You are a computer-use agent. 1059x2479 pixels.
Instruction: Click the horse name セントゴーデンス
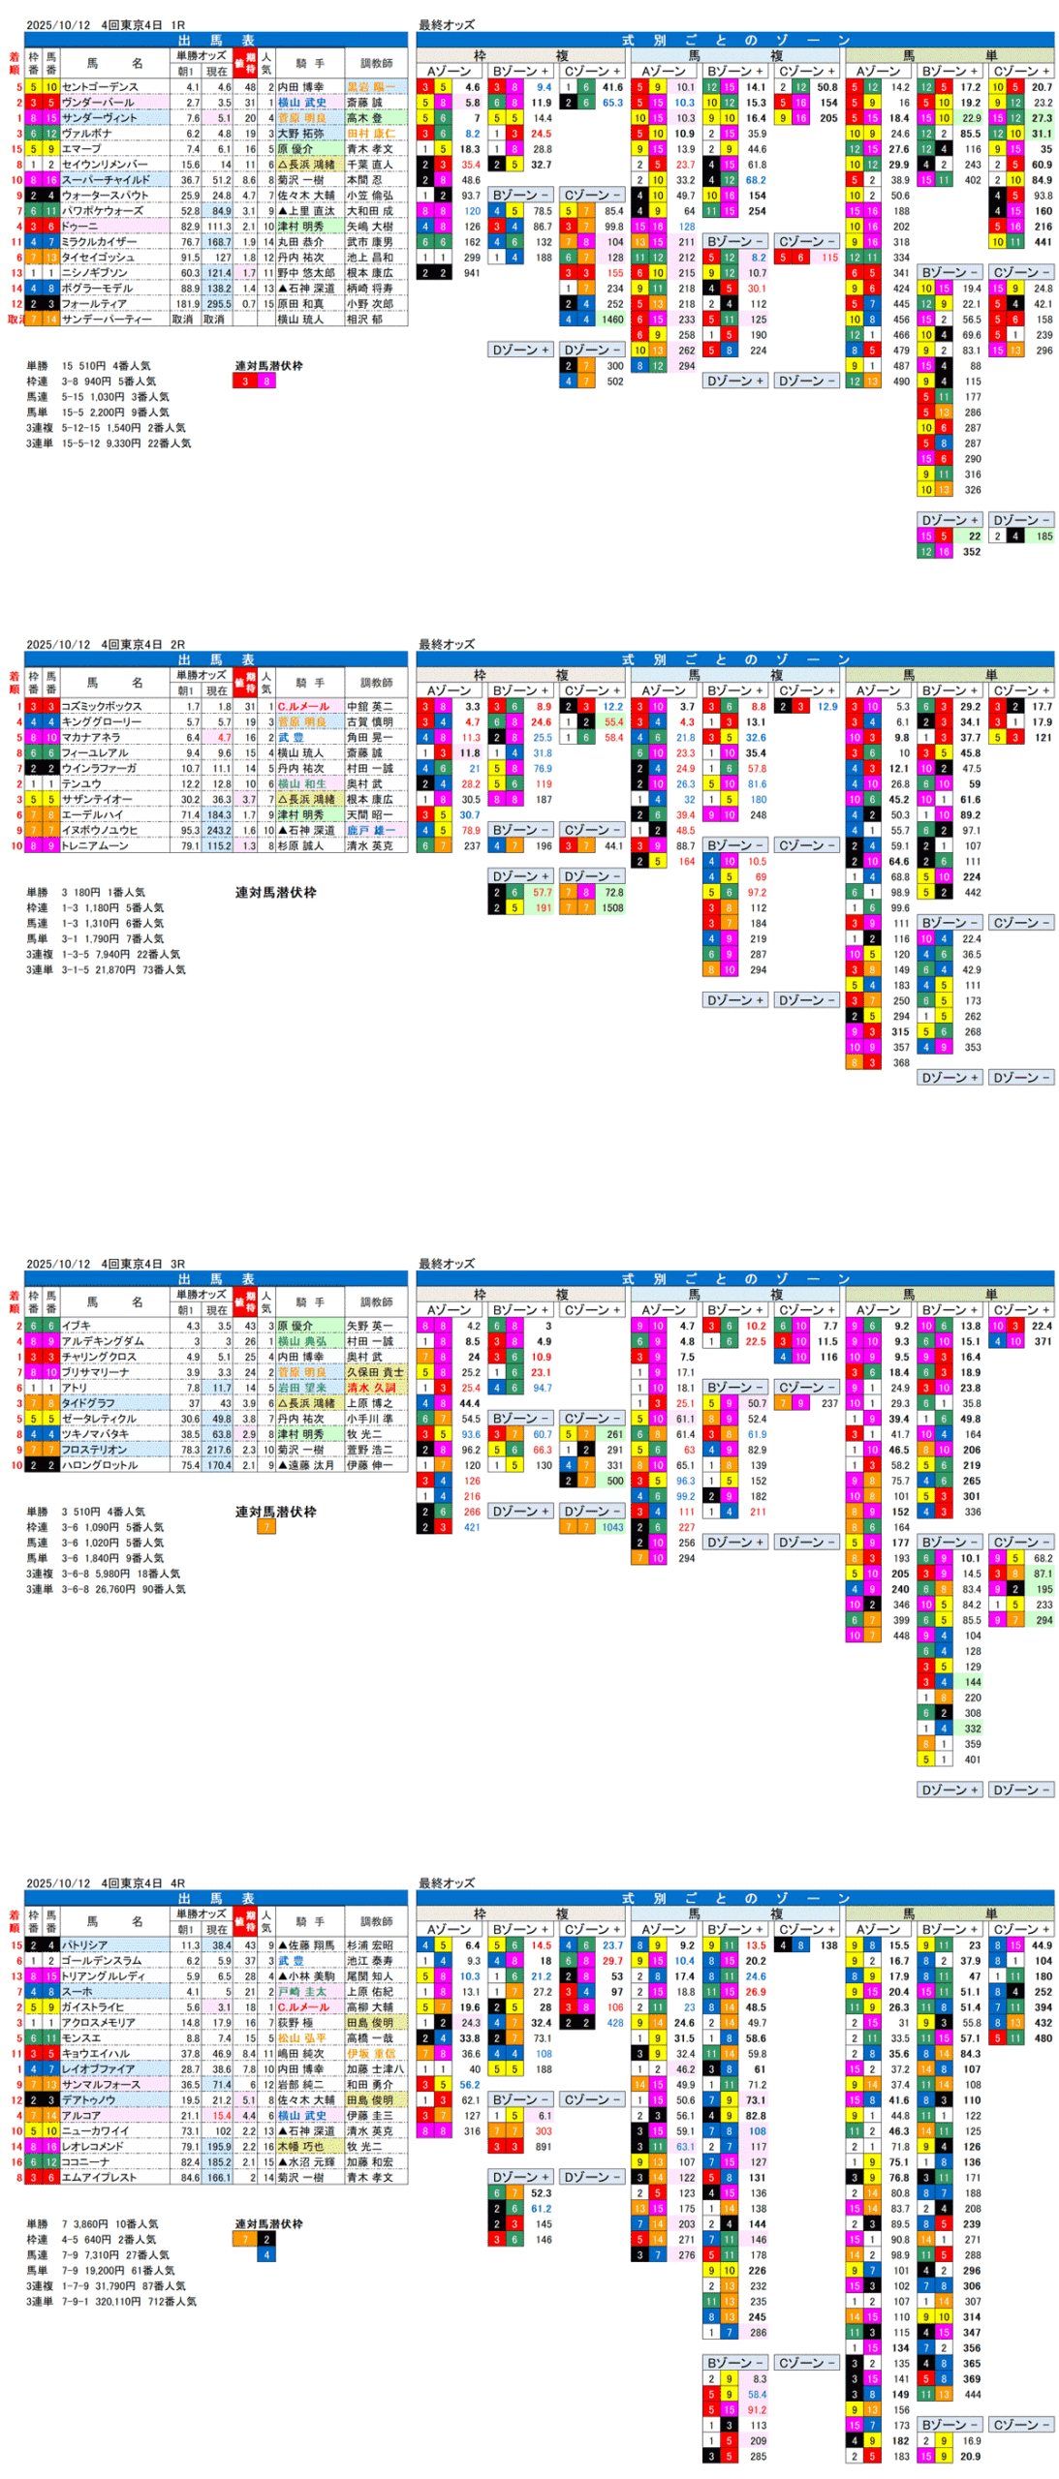pos(100,87)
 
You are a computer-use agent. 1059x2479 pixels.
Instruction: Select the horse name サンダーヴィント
pos(100,118)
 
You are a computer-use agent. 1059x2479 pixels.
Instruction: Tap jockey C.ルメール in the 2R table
pos(303,707)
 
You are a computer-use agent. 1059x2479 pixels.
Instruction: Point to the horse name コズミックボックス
pos(102,707)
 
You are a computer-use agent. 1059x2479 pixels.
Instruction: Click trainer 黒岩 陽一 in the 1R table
pos(370,87)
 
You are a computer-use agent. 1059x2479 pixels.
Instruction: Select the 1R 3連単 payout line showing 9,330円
pos(109,444)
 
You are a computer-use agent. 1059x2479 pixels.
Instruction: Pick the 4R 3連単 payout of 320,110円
pos(111,2302)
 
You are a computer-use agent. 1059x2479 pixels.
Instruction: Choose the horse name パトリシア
pos(85,1944)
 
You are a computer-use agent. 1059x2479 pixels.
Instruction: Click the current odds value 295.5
pos(217,304)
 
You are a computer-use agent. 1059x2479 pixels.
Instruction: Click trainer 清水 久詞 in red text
pos(370,1388)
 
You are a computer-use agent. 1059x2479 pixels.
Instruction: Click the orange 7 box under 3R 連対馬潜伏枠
pos(265,1527)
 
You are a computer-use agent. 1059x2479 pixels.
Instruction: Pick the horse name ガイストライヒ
pos(93,2006)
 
